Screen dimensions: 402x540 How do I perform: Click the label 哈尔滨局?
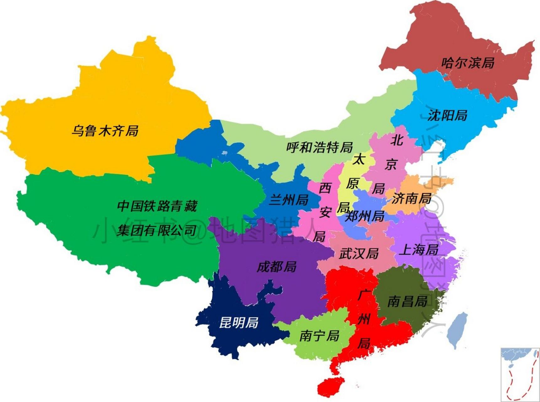[468, 63]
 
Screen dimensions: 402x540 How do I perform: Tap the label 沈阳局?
[447, 115]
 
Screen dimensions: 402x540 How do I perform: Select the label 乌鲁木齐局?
[105, 130]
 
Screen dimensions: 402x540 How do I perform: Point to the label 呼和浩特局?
[319, 147]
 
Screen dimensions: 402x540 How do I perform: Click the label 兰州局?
[289, 200]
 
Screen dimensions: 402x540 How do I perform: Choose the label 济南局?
[411, 198]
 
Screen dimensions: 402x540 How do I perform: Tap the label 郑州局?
[365, 216]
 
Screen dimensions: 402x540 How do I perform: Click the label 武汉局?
[359, 253]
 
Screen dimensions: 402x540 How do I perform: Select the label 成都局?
[276, 267]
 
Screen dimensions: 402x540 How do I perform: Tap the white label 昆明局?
[238, 323]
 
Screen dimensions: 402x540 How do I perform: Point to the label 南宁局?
[319, 335]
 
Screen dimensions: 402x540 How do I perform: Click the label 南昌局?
[407, 301]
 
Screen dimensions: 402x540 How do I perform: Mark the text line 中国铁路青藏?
[157, 206]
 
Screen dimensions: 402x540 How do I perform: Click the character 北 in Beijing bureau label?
[397, 140]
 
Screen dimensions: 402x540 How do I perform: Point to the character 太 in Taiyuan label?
[359, 159]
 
